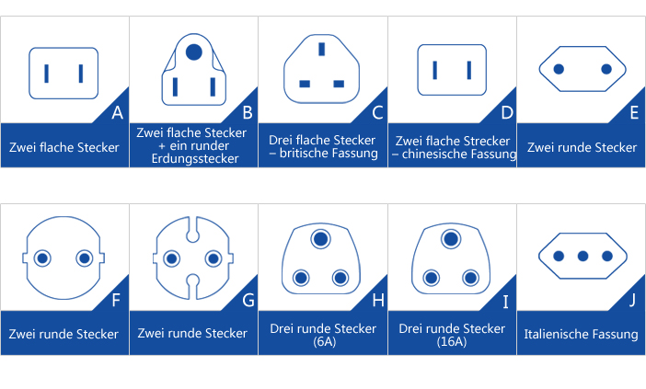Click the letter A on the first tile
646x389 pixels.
coord(117,114)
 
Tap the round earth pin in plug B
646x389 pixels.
coord(193,52)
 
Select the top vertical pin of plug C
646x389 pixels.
coord(321,50)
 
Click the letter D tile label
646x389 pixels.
coord(505,114)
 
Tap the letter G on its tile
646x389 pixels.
coord(247,300)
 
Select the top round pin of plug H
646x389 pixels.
coord(321,240)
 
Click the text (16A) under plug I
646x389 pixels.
coord(452,342)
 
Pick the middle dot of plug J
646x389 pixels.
coord(582,257)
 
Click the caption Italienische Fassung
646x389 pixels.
coord(582,334)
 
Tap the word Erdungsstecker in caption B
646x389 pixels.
coord(193,158)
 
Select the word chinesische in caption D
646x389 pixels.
coord(439,154)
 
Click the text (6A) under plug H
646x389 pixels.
coord(322,342)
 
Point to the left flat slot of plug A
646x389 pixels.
coord(48,73)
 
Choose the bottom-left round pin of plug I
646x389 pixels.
coord(430,277)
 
